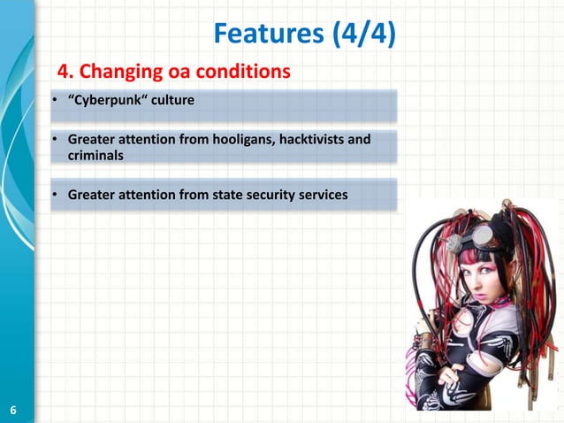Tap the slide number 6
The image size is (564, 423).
pos(13,410)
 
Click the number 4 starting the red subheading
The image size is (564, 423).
pos(64,71)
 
